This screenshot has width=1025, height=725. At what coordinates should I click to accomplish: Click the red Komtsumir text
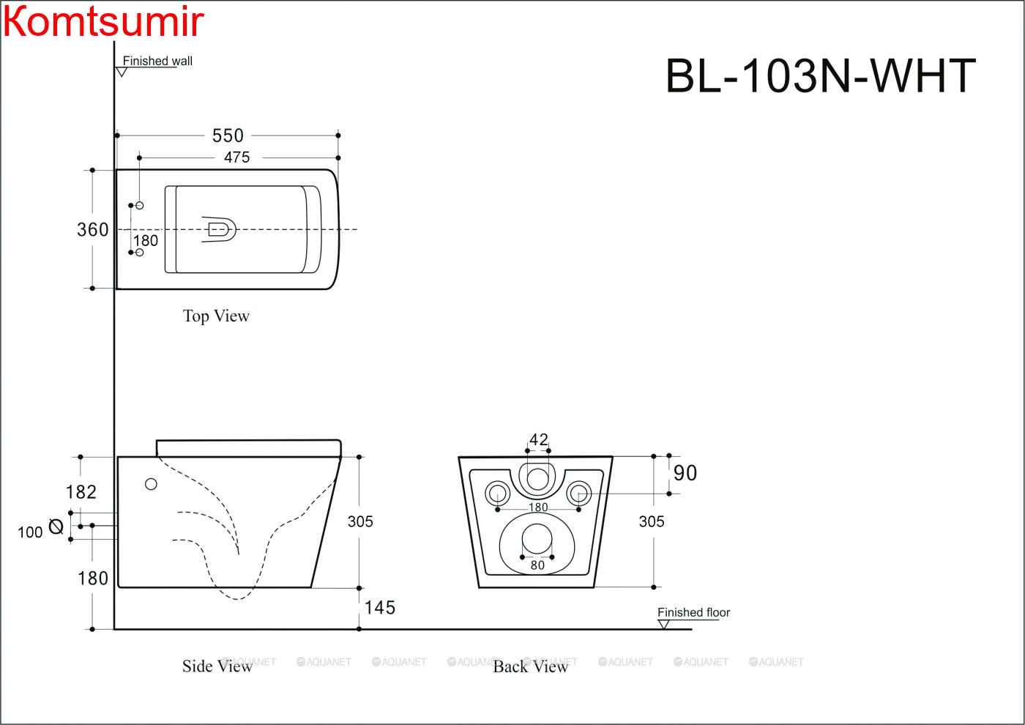click(103, 21)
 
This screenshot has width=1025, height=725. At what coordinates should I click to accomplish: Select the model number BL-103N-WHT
click(820, 76)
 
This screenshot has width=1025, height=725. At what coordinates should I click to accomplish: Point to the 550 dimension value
click(228, 135)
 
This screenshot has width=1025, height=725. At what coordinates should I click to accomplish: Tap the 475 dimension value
click(236, 157)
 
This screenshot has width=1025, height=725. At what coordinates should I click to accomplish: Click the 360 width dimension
click(93, 230)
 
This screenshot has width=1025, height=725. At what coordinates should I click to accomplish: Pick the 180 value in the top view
click(146, 240)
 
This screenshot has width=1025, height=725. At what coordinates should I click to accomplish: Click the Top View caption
click(216, 316)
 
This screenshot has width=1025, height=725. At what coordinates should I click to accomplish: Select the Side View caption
click(217, 666)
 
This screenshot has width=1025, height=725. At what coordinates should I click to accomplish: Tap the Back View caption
click(530, 666)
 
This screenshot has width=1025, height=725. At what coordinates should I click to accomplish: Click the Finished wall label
click(157, 61)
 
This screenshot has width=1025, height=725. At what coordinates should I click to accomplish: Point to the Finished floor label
click(693, 612)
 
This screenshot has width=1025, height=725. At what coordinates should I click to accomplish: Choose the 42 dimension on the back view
click(539, 439)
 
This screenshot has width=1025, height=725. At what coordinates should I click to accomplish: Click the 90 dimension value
click(685, 473)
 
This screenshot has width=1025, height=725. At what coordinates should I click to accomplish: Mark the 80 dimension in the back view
click(537, 565)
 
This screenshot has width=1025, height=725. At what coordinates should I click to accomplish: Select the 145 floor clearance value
click(380, 608)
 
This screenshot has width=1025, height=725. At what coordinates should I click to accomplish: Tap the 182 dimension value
click(81, 492)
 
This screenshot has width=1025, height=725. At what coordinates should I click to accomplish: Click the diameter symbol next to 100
click(56, 526)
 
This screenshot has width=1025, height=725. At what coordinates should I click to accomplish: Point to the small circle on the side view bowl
click(151, 484)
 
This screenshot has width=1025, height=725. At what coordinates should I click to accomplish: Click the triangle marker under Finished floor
click(664, 625)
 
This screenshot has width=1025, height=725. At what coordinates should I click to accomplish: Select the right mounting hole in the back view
click(578, 493)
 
